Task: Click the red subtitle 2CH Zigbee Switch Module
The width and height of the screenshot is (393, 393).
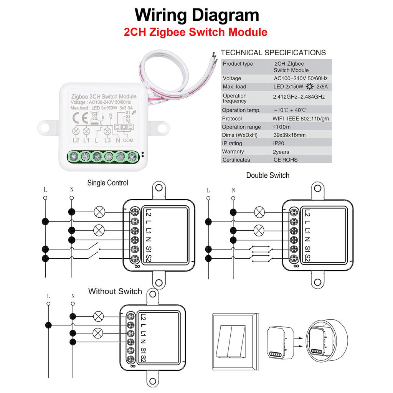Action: point(195,32)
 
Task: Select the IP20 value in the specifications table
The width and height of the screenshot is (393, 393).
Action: point(279,143)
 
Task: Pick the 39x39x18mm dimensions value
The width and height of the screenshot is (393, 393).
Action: point(289,135)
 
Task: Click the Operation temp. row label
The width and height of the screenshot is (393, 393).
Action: point(241,110)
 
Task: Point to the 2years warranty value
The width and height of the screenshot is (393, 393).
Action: point(281,152)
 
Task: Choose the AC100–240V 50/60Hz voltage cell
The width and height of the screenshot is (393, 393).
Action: point(301,78)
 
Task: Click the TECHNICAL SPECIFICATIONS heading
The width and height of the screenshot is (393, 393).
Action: point(273,53)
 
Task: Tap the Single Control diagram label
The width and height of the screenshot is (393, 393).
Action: point(107,183)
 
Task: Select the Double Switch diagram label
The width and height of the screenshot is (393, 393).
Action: point(268,175)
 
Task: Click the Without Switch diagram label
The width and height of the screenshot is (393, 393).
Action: point(115,291)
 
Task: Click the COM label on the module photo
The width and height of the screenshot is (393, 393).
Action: point(128,140)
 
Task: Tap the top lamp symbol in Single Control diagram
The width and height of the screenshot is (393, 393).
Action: point(100,211)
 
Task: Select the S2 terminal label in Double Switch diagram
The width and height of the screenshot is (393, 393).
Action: point(307,259)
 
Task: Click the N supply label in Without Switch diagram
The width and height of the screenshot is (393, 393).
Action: point(73,296)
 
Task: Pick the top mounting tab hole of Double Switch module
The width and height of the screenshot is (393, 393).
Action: point(317,188)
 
